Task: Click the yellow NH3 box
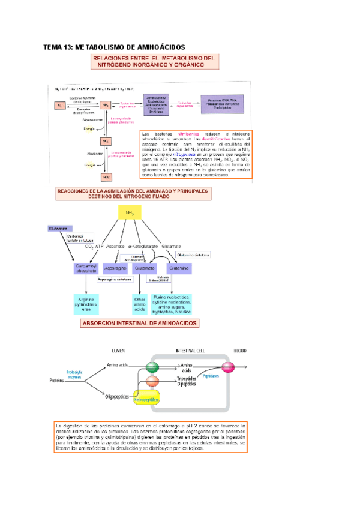pyautogui.click(x=129, y=213)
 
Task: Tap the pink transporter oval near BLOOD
pyautogui.click(x=228, y=367)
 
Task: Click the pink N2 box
pyautogui.click(x=60, y=106)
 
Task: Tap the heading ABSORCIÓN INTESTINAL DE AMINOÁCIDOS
pyautogui.click(x=140, y=323)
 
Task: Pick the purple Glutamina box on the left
pyautogui.click(x=59, y=229)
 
